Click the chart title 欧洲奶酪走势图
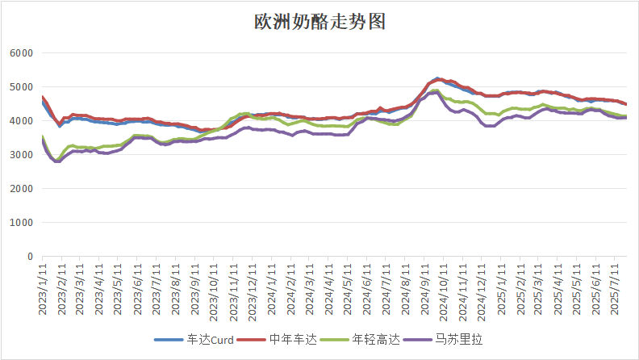tap(320, 22)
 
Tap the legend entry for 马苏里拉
tap(460, 340)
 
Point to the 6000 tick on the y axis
tap(20, 53)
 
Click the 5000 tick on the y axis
tap(20, 87)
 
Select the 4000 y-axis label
tap(20, 121)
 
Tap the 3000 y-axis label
tap(20, 155)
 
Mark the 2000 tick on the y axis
tap(20, 189)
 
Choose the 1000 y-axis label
tap(20, 223)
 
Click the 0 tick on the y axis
tap(29, 257)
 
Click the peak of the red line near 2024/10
tap(436, 79)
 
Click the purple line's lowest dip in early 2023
tap(57, 161)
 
